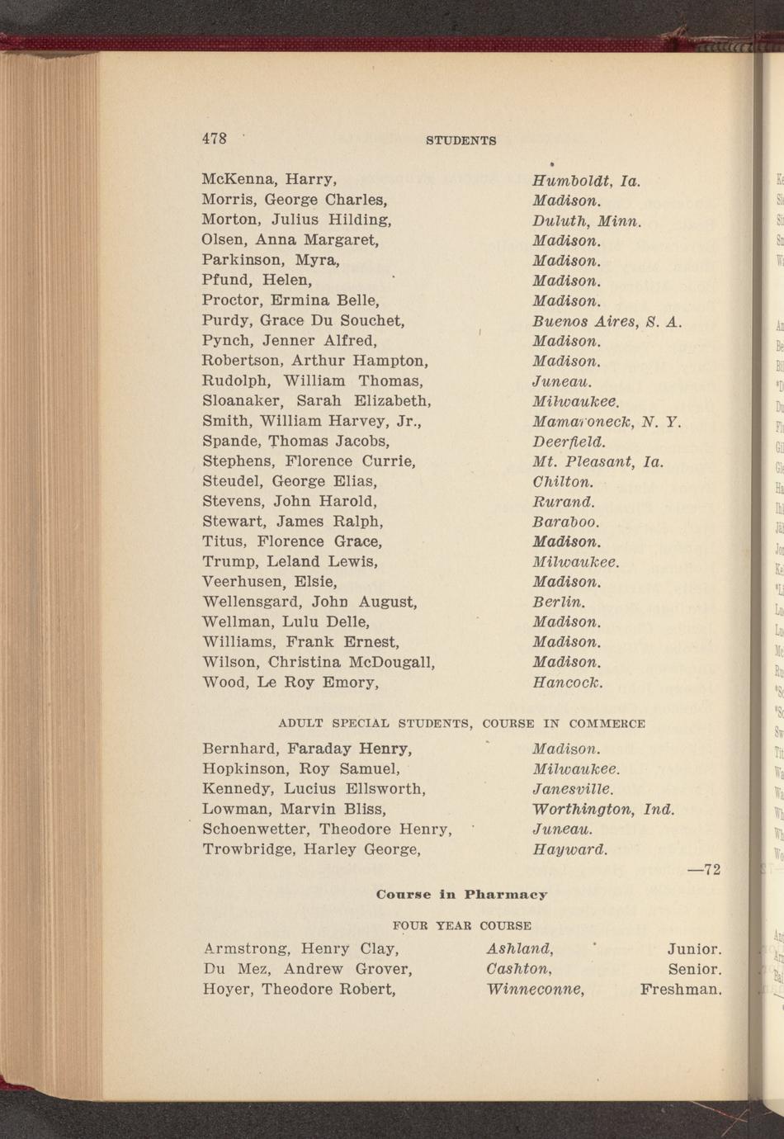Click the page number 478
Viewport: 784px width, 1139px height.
215,139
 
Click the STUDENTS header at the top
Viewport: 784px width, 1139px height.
460,141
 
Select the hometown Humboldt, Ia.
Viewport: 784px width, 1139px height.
586,180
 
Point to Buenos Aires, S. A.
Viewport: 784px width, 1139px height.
607,321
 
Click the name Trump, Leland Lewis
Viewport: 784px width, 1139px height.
290,562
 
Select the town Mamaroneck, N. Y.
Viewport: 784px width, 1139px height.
606,422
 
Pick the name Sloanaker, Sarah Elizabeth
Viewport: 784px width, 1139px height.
317,401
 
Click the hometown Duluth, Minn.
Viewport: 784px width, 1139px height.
587,220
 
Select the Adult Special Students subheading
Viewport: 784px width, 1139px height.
461,724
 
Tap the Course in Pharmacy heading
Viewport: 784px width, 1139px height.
461,895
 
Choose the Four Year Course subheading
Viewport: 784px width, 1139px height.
461,925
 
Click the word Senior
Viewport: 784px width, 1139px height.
695,969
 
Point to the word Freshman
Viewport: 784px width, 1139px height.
681,989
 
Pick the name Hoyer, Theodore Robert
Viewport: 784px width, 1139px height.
300,989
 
